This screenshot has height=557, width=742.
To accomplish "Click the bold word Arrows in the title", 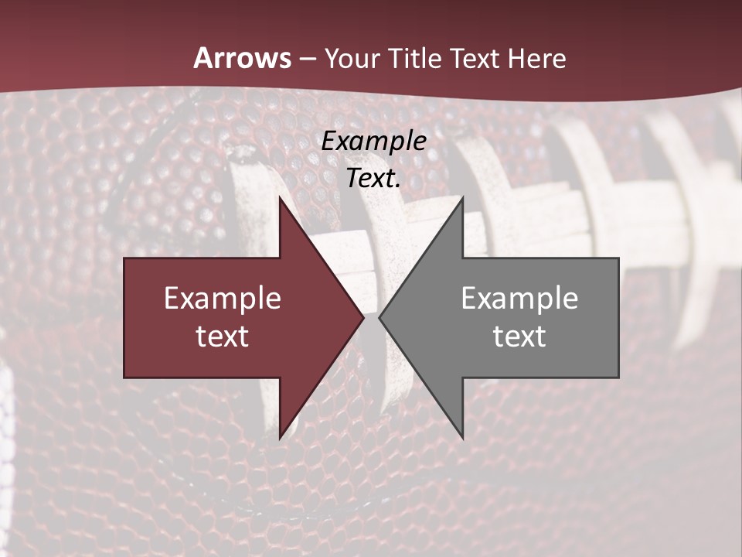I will (x=242, y=58).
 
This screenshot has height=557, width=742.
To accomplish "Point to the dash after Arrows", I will (x=307, y=59).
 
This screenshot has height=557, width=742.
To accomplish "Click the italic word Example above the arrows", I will (x=373, y=141).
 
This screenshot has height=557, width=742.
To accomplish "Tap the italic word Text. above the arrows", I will (x=373, y=178).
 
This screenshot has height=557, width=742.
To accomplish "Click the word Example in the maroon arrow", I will (x=223, y=299).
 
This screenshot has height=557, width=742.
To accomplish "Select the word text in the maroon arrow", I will (x=223, y=336).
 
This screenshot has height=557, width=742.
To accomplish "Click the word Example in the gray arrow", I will (x=519, y=299).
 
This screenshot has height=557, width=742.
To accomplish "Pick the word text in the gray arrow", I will (x=519, y=336).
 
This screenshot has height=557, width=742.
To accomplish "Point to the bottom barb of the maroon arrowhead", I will (x=281, y=436).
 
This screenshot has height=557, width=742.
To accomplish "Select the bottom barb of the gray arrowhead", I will (x=461, y=436).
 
